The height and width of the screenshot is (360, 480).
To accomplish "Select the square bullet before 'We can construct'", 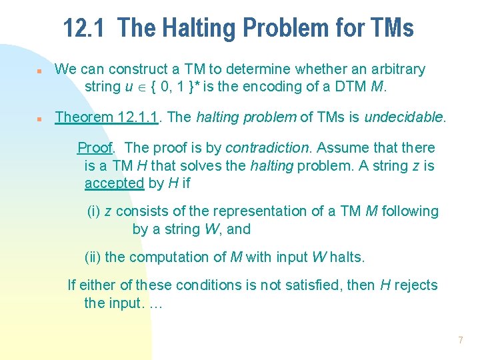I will pos(40,70).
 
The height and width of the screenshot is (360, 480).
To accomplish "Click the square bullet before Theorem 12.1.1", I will pos(40,119).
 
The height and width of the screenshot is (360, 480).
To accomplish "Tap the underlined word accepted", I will pos(114,183).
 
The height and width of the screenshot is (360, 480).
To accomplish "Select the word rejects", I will pos(416,285).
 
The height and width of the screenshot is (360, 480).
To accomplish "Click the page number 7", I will pos(460,340).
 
